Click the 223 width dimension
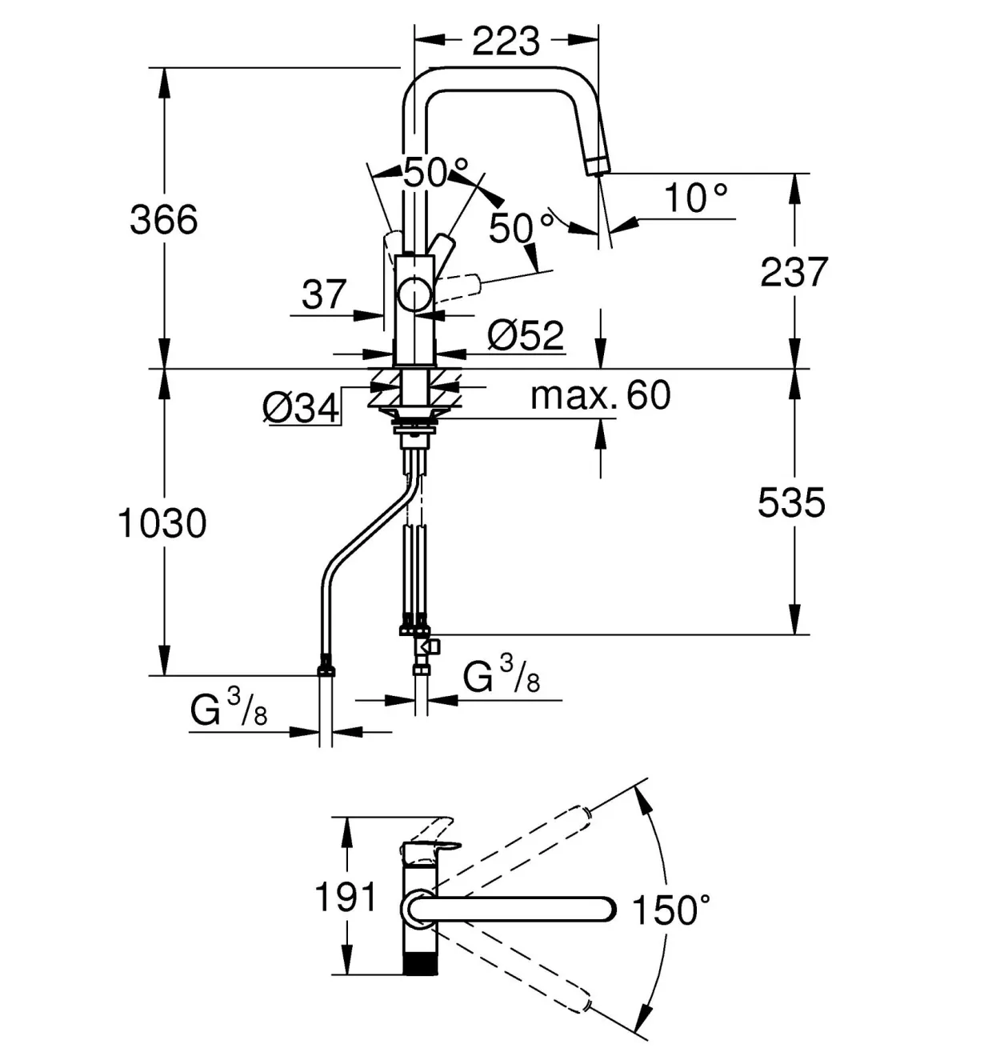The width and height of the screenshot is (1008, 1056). [506, 41]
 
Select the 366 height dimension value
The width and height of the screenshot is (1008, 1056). [164, 220]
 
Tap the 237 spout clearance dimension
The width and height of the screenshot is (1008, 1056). [794, 272]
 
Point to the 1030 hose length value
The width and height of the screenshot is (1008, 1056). [162, 523]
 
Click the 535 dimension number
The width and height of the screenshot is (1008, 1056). [791, 502]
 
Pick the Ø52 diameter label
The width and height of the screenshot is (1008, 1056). [526, 336]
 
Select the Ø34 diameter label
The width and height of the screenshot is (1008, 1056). [301, 408]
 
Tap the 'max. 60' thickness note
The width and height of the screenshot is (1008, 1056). [601, 395]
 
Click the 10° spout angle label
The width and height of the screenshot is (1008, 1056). [696, 197]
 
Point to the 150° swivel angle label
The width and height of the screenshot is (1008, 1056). [671, 910]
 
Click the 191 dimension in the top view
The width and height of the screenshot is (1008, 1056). [346, 897]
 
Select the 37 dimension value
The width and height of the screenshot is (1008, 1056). [323, 294]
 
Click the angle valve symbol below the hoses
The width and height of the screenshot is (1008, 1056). [428, 646]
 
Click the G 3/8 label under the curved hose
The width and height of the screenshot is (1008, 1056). [229, 708]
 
